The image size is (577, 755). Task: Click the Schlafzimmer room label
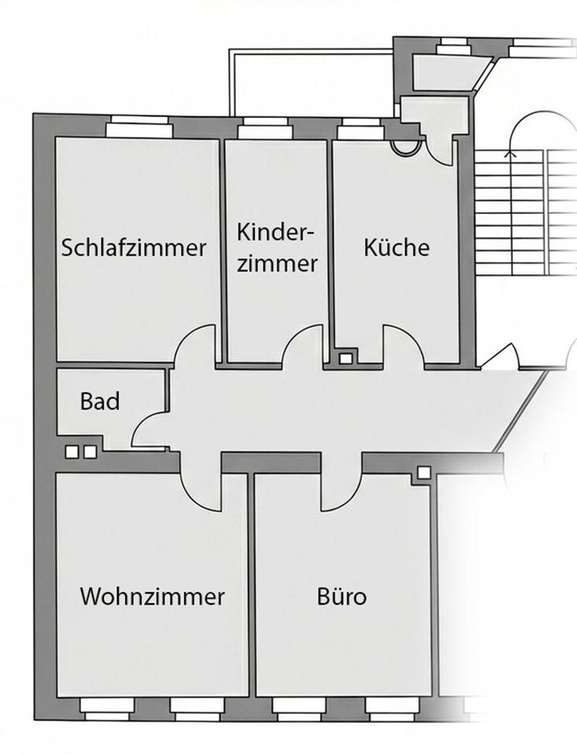[134, 248]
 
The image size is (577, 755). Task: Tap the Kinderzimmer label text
[277, 248]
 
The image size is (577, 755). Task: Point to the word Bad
[100, 401]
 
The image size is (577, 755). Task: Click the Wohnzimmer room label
[152, 596]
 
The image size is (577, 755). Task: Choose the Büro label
[341, 596]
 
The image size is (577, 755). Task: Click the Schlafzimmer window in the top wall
[139, 126]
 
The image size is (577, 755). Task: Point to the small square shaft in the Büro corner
[424, 473]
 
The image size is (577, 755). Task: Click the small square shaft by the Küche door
[346, 359]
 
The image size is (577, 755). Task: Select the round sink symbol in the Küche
[406, 145]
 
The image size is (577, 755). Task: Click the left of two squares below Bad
[72, 452]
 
